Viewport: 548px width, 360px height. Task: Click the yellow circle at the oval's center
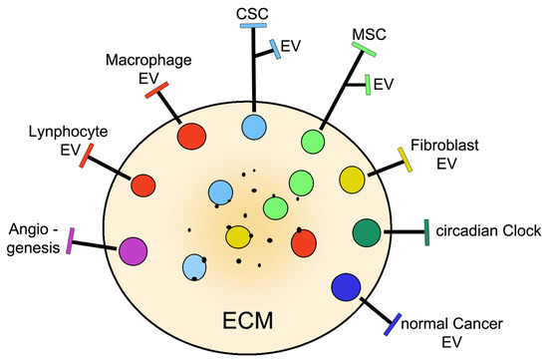238,237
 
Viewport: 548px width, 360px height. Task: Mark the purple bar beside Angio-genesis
71,242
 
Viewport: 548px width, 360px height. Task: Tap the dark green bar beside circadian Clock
426,230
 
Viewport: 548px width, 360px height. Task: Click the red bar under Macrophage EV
156,91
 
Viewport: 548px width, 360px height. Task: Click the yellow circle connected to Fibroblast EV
352,180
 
